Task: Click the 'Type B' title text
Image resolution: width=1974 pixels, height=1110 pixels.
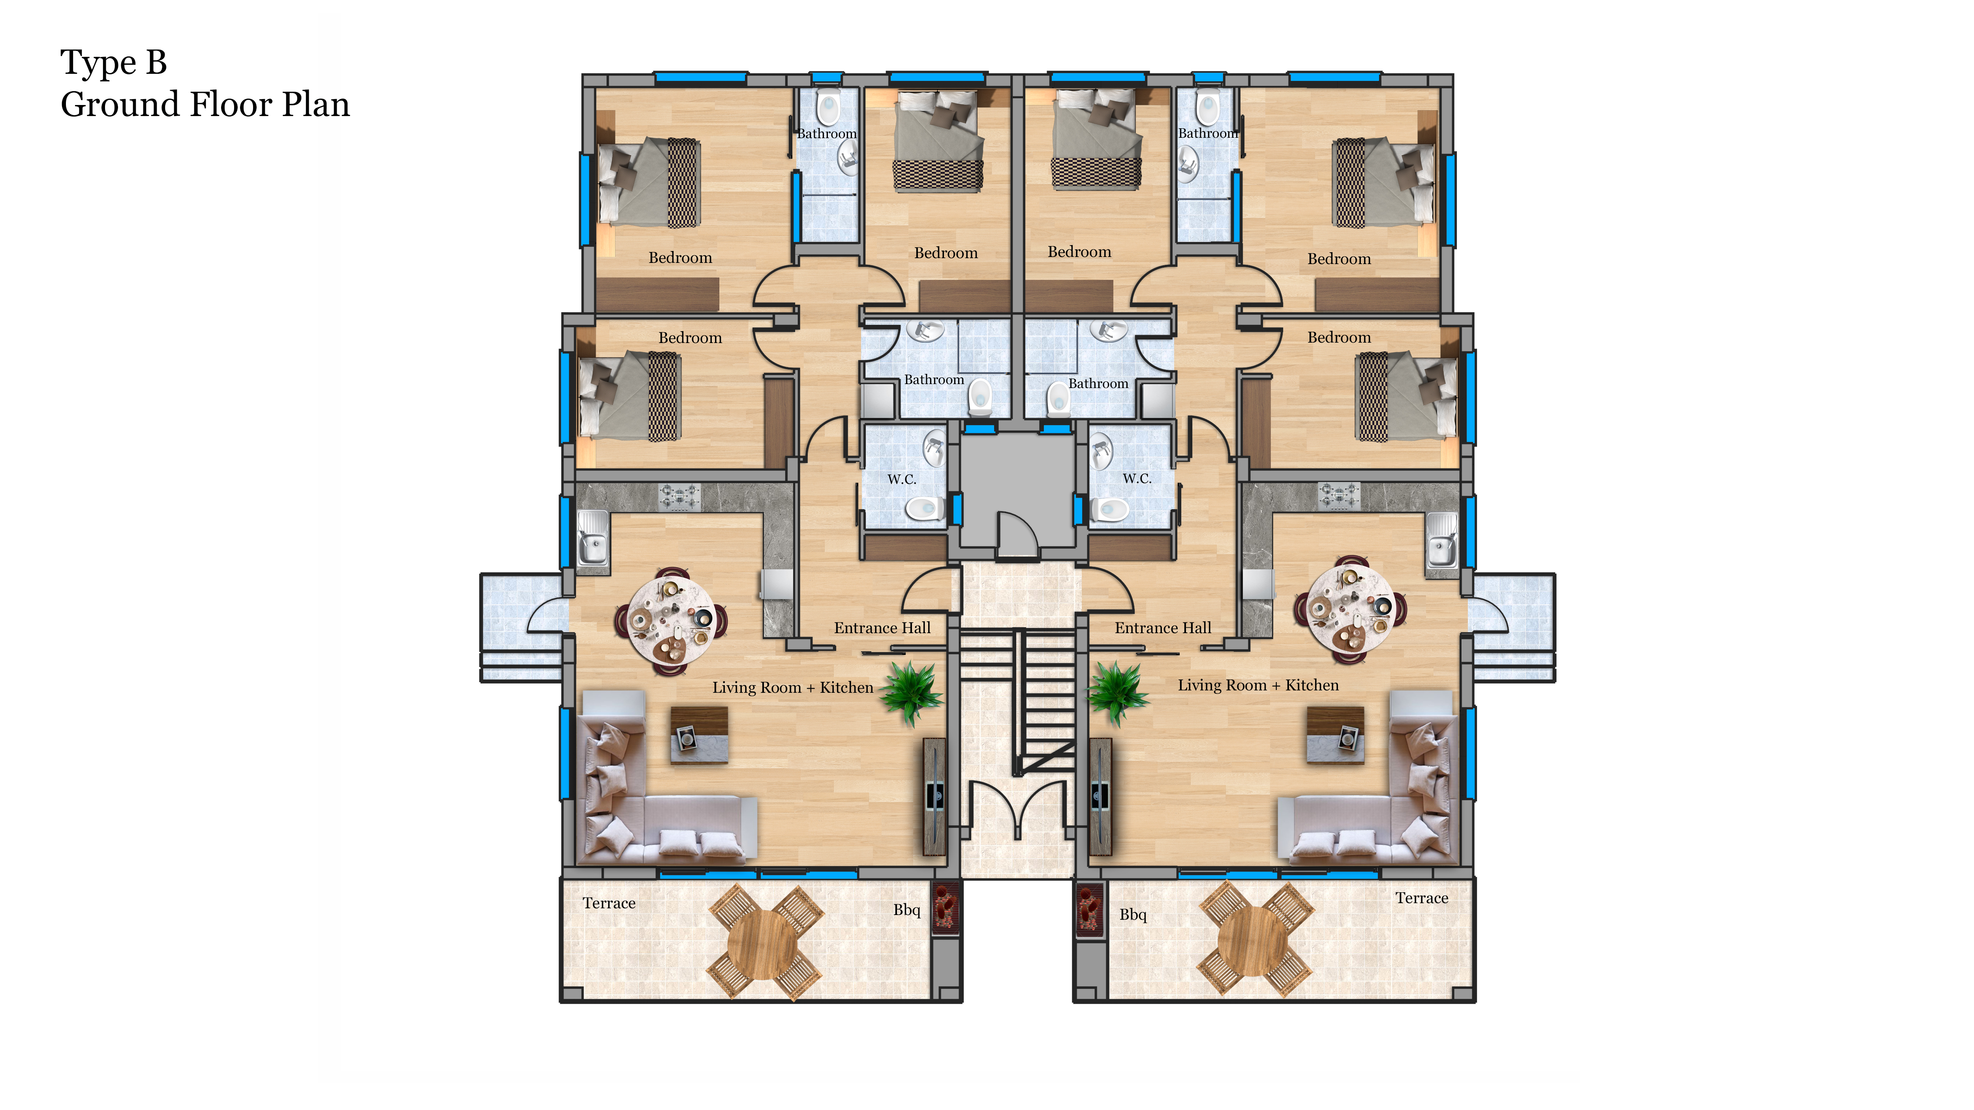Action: pos(113,63)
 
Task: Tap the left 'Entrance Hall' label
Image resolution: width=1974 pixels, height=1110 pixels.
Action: pos(882,628)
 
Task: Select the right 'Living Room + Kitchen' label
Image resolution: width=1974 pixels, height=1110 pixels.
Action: pos(1258,686)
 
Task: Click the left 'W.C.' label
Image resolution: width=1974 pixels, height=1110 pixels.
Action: pos(902,480)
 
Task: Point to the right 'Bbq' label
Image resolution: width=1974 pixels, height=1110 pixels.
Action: pos(1133,915)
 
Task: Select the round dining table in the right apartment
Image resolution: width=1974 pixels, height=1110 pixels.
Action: pos(1350,608)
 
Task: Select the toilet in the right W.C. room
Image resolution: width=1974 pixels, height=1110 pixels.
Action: pos(1110,510)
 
